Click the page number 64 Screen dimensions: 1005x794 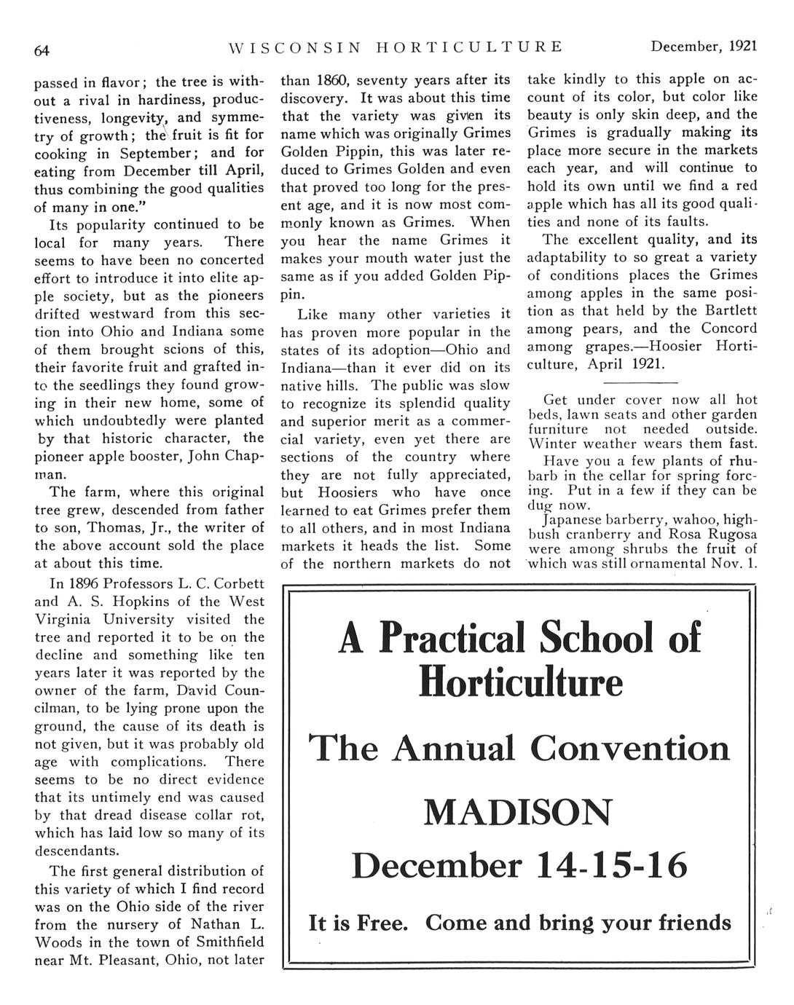tap(42, 50)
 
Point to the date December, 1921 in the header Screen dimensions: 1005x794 tap(704, 47)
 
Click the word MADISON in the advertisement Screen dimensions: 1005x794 tap(518, 812)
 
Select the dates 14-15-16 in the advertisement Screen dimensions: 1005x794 tap(611, 866)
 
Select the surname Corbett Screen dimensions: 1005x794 tap(233, 584)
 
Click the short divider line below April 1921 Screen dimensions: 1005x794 tap(641, 383)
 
